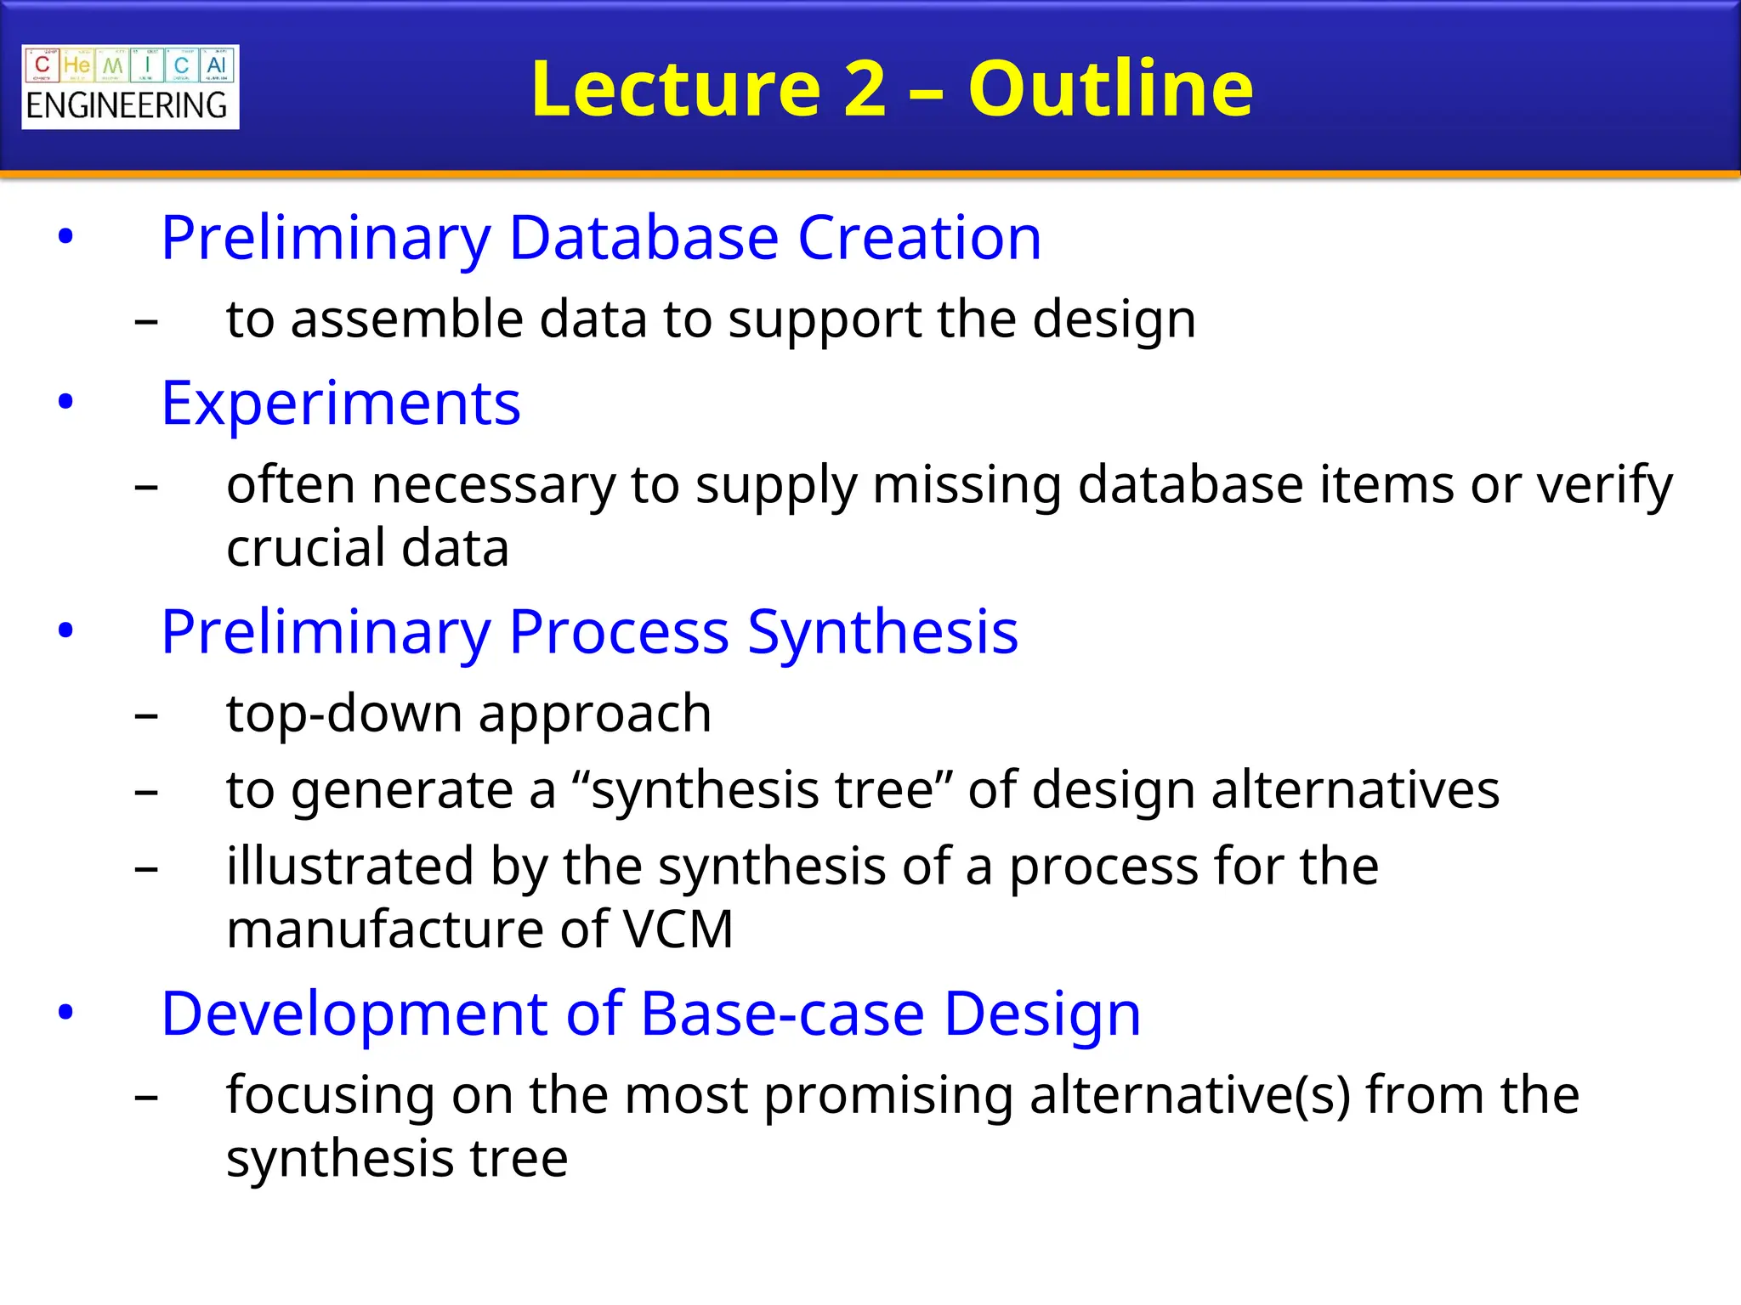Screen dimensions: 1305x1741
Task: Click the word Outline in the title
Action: click(1110, 88)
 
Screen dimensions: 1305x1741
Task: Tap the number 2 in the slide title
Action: click(865, 88)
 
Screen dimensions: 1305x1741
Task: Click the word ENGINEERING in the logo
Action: click(127, 106)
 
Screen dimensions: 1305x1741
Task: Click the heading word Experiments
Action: click(341, 404)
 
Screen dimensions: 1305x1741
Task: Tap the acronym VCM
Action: click(678, 929)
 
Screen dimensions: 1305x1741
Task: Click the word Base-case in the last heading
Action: click(782, 1014)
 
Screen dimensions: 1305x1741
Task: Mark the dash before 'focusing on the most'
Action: click(146, 1097)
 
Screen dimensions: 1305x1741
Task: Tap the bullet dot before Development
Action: click(65, 1013)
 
